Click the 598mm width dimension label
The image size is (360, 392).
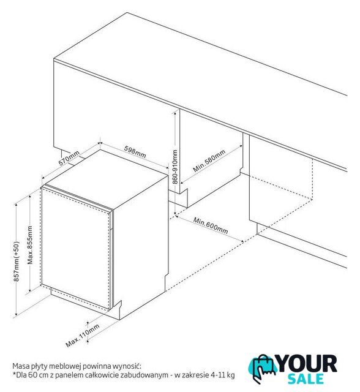click(135, 152)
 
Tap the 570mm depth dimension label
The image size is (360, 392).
click(69, 158)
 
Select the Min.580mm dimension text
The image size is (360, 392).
click(209, 160)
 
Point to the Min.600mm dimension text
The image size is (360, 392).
click(211, 225)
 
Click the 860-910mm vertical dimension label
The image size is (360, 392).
click(175, 167)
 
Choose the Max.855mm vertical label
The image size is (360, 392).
click(30, 245)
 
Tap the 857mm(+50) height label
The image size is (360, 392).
click(16, 262)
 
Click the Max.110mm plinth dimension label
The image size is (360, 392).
click(83, 336)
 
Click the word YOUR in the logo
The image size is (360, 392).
click(307, 364)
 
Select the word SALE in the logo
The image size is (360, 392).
click(306, 379)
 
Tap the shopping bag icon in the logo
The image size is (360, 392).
click(263, 368)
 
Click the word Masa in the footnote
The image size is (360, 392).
click(21, 366)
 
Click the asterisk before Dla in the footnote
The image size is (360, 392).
click(14, 374)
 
